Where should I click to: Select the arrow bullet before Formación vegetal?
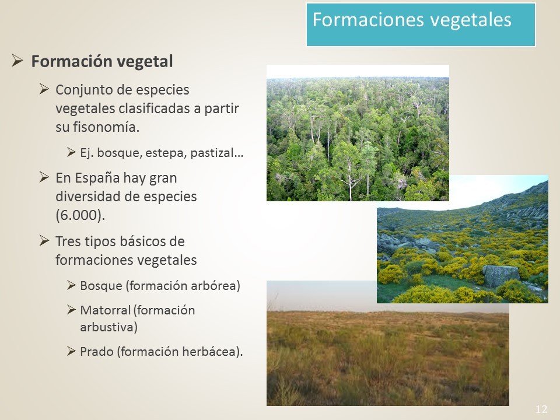[x=17, y=60]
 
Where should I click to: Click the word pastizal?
[x=212, y=153]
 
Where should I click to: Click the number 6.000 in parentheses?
[x=80, y=215]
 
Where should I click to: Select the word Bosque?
[x=101, y=286]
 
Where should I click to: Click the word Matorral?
[x=106, y=310]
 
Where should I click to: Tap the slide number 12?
[x=541, y=409]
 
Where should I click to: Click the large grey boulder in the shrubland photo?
[x=501, y=276]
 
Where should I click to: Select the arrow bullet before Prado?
[x=71, y=351]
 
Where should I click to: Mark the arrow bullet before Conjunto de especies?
[x=44, y=89]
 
